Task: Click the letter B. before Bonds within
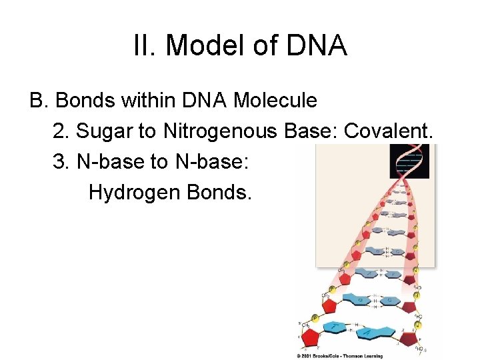[39, 101]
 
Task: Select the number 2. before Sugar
[61, 132]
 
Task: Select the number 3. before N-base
[61, 162]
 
